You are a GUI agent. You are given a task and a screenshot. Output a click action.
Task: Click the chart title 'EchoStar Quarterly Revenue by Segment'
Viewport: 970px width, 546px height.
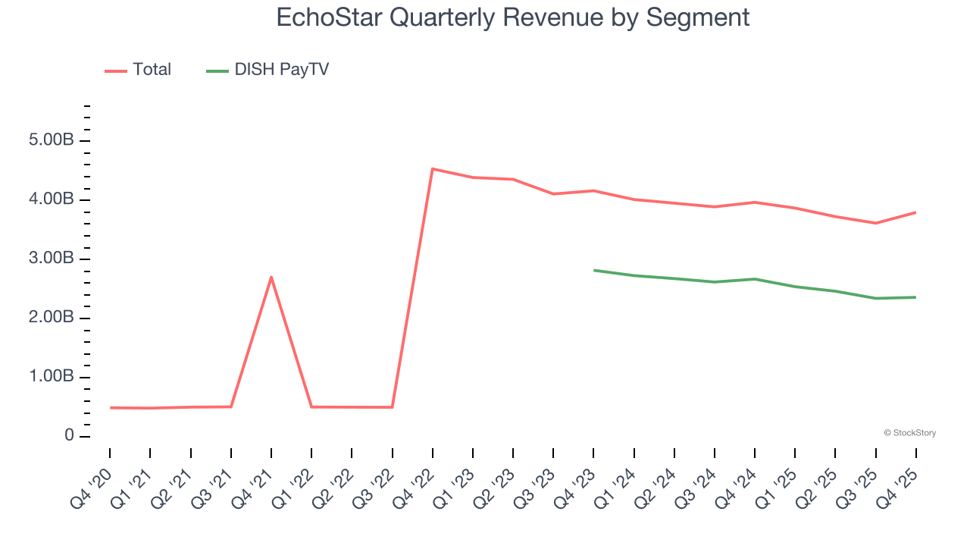513,17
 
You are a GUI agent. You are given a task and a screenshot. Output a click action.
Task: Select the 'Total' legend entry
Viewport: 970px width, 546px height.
152,70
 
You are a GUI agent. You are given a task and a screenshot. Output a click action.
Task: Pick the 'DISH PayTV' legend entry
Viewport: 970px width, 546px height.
281,70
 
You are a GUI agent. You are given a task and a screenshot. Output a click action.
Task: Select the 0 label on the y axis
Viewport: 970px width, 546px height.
69,436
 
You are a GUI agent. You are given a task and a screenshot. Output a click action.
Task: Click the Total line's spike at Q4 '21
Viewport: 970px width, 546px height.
271,277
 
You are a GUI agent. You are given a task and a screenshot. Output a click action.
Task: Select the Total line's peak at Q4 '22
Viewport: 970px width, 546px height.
432,169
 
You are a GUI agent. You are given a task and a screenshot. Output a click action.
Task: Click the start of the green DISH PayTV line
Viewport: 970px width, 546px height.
594,270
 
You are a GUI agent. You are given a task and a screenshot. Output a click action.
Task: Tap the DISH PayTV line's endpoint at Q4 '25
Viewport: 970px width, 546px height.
915,297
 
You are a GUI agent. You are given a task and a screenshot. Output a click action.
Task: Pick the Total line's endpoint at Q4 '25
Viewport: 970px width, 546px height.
915,212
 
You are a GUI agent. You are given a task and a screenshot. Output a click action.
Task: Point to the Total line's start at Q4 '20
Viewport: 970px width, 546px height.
111,407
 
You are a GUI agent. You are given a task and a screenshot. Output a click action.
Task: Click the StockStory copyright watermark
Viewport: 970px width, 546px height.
909,433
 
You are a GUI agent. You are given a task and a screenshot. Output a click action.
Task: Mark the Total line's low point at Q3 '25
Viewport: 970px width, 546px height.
876,223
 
